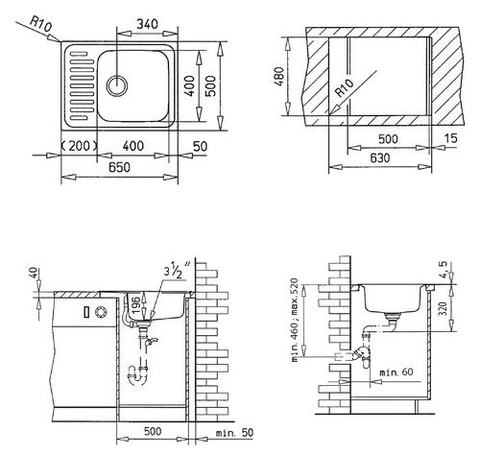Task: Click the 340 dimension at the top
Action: (147, 24)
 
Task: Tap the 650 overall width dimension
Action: (119, 167)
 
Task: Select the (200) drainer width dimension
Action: (79, 146)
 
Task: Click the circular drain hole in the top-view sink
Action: (117, 85)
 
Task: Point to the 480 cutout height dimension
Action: (279, 76)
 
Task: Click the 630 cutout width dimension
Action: (379, 157)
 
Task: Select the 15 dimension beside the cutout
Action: (451, 138)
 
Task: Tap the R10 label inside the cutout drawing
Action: (344, 88)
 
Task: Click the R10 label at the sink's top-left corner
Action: (40, 24)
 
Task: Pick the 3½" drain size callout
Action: (177, 271)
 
